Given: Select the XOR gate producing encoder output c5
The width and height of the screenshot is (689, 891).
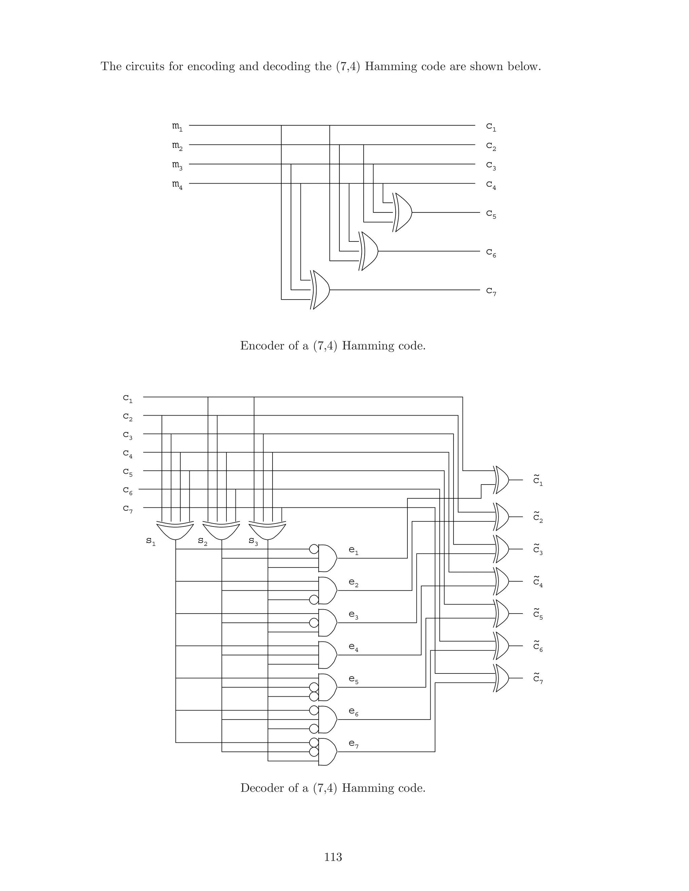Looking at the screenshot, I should coord(402,212).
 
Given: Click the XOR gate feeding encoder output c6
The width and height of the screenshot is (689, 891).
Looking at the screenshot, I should coord(369,251).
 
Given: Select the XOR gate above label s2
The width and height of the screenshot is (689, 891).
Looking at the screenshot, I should coord(221,530).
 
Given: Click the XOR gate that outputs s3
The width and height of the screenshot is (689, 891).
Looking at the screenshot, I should coord(267,530).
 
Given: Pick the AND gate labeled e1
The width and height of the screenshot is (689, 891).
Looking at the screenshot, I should coord(327,558).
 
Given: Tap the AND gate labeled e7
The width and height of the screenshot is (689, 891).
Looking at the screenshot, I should coord(327,751).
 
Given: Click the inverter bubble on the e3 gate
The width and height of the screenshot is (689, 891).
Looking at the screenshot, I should coord(314,623).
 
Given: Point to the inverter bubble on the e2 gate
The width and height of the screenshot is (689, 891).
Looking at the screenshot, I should coord(314,600).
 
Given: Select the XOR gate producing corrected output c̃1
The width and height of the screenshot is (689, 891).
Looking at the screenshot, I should coord(502,480).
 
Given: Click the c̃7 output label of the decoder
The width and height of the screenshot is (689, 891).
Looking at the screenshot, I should coord(538,678).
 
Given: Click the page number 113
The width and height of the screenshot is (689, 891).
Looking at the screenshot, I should coord(333,857).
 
